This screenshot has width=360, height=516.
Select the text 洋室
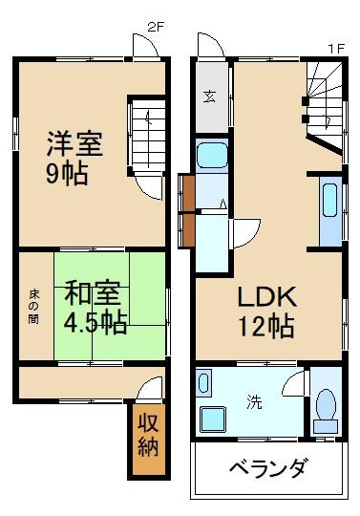(75, 146)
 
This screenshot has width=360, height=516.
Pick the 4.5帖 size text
(95, 322)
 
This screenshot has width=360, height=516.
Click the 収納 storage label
(146, 434)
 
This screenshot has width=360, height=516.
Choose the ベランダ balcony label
(268, 468)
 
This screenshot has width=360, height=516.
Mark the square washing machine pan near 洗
(211, 418)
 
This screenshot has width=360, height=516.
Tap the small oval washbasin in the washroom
(202, 384)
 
